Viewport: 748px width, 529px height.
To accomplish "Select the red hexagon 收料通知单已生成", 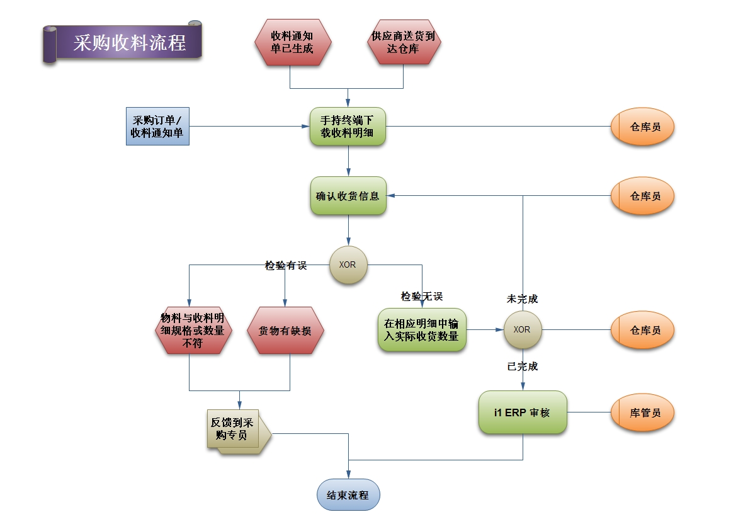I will pyautogui.click(x=292, y=42).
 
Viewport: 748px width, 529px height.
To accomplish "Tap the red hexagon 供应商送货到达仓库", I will pyautogui.click(x=404, y=42).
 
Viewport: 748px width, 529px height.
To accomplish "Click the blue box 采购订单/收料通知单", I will pyautogui.click(x=157, y=127).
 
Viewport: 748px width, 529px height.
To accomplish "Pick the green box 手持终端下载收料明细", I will pyautogui.click(x=348, y=127).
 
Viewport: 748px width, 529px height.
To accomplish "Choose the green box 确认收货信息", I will pyautogui.click(x=348, y=196).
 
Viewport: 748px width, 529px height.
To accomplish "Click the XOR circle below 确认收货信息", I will pyautogui.click(x=348, y=264).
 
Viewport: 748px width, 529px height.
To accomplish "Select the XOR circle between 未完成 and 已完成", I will pyautogui.click(x=522, y=329).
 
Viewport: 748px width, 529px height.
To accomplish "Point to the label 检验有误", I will pyautogui.click(x=285, y=266).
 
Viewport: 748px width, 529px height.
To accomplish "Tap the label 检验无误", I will pyautogui.click(x=422, y=296).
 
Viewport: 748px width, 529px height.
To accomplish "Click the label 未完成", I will pyautogui.click(x=522, y=299).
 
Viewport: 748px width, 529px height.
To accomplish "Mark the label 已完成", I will pyautogui.click(x=522, y=367).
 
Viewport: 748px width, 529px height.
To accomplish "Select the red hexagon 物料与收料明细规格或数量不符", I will pyautogui.click(x=193, y=330).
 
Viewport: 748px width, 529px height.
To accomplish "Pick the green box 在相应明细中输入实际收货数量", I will pyautogui.click(x=422, y=329).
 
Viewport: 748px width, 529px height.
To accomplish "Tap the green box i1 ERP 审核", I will pyautogui.click(x=522, y=412).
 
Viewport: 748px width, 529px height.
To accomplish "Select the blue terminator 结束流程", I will pyautogui.click(x=348, y=495).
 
